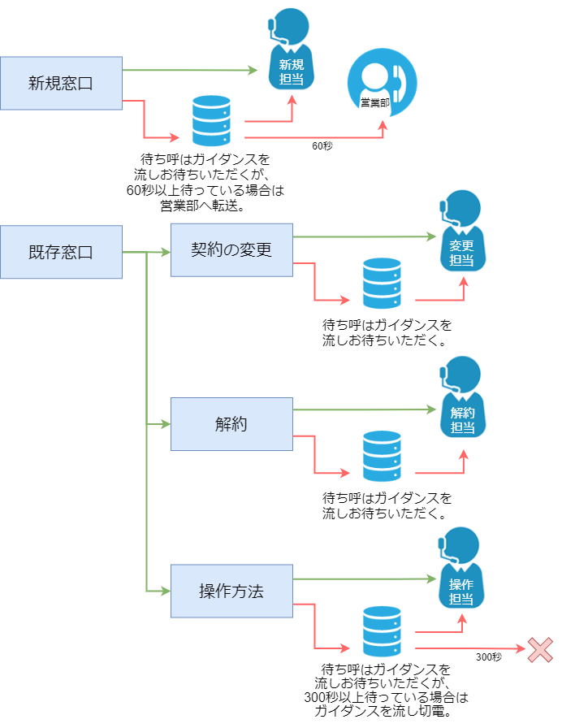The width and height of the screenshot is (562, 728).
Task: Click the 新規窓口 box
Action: (x=61, y=83)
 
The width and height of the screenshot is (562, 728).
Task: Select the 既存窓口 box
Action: (x=61, y=252)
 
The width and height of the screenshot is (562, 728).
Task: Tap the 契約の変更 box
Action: (x=231, y=249)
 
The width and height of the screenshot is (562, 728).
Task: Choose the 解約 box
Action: (x=231, y=423)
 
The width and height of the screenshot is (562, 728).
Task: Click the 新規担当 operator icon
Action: (x=291, y=54)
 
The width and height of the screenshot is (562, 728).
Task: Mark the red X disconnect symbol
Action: (x=540, y=649)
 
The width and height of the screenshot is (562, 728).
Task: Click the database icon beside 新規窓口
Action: (x=211, y=121)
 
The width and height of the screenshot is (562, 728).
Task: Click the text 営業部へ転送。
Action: (x=204, y=205)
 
